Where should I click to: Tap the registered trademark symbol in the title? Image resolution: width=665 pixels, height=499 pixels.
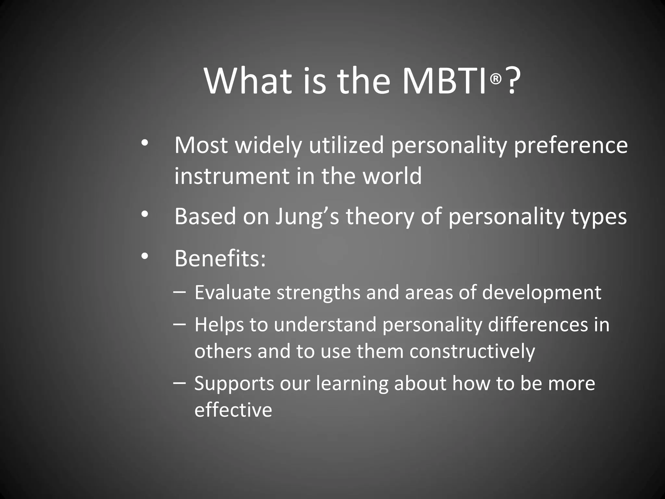[x=496, y=78]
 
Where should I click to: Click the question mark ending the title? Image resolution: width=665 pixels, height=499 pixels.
[x=512, y=81]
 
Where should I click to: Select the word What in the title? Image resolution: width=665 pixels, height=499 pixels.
[x=248, y=81]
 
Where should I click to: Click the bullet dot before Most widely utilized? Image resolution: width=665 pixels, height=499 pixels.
[x=145, y=143]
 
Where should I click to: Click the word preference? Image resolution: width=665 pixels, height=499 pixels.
[x=571, y=146]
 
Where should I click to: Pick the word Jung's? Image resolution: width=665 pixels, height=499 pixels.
[x=307, y=217]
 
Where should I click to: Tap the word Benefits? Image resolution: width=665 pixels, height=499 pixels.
[x=220, y=259]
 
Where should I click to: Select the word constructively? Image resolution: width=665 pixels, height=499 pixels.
[x=472, y=352]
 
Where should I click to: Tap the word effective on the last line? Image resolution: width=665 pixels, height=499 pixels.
[x=233, y=410]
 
